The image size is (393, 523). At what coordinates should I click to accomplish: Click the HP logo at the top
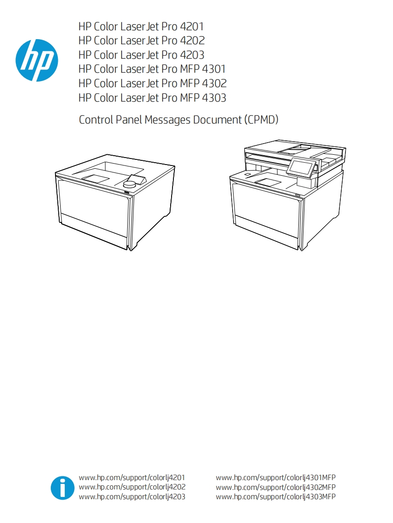tap(36, 60)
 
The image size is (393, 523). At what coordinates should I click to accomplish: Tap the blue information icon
tap(62, 488)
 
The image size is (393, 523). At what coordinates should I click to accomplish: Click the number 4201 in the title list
tap(192, 27)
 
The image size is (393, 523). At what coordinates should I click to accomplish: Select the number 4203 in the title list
tap(192, 55)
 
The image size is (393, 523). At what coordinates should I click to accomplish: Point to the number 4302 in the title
tap(214, 83)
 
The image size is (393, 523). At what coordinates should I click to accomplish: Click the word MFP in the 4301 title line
tap(190, 69)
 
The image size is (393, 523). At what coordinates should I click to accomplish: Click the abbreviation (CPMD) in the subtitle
tap(261, 120)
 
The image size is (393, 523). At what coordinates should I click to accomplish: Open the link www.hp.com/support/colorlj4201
tap(132, 478)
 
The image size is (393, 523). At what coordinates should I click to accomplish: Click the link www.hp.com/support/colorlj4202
tap(132, 487)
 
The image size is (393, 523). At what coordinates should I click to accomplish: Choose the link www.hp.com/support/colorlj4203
tap(132, 497)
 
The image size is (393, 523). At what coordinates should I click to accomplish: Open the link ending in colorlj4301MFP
tap(276, 478)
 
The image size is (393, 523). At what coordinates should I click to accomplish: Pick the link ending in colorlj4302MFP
tap(276, 487)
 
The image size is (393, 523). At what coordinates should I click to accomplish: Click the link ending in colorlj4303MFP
tap(276, 497)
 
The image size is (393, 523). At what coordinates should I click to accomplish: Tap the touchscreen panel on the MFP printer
tap(302, 167)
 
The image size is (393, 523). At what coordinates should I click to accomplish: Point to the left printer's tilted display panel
tap(136, 179)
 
